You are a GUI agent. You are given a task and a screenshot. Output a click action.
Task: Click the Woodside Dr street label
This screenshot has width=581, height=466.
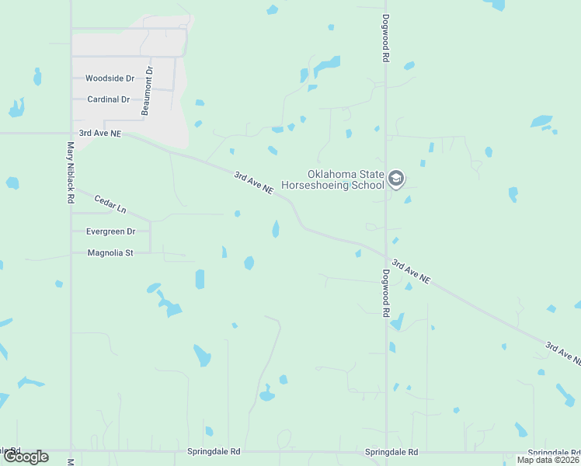point(110,78)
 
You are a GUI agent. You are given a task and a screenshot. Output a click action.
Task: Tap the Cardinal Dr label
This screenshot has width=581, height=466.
point(108,99)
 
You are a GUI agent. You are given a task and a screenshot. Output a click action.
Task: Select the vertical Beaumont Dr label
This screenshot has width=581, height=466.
point(147,91)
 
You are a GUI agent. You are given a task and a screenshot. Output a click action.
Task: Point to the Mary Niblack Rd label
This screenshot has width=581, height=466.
point(70,172)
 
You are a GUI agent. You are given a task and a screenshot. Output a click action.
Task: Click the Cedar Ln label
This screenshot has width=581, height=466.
point(110,204)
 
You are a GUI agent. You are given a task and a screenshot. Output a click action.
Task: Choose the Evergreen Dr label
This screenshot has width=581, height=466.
point(110,231)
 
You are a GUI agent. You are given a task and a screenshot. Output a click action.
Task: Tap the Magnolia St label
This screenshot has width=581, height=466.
point(110,252)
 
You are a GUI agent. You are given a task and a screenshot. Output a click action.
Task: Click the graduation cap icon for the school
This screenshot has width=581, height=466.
point(396,179)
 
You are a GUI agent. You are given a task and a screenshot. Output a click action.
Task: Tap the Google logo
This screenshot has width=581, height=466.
point(26,457)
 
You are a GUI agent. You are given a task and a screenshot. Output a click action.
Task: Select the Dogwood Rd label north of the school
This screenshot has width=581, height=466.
point(385,38)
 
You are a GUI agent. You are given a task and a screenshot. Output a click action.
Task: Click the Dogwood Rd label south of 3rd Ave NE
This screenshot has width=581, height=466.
point(385,293)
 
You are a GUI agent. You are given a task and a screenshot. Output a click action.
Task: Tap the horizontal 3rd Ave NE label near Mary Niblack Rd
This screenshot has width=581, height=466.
point(100,134)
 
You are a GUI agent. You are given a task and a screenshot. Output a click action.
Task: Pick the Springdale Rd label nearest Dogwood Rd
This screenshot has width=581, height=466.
point(391,452)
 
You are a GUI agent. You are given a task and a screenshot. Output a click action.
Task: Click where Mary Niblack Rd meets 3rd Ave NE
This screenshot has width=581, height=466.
point(71,134)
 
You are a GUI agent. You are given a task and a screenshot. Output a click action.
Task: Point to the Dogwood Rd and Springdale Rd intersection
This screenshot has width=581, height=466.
point(386,451)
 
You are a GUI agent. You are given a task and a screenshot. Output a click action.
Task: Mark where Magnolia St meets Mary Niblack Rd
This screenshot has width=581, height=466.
point(71,252)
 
